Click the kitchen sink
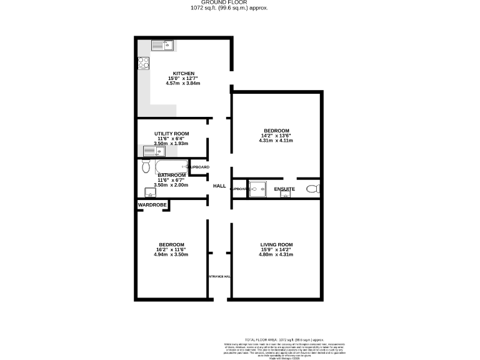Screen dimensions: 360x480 tap(163, 45)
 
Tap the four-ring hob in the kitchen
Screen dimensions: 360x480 tap(144, 62)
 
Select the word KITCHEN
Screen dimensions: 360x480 tap(184, 73)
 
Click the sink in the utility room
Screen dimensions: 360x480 tap(153, 151)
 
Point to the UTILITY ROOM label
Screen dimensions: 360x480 tap(171, 134)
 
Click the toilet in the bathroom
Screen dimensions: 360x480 tap(146, 166)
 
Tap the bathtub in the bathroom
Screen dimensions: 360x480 tap(171, 166)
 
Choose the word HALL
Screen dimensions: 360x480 tap(219, 186)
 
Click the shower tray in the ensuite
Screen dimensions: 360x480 tap(258, 189)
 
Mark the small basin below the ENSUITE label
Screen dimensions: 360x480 tap(286, 195)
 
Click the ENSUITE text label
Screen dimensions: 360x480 tap(284, 188)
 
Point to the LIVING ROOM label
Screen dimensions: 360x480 tap(277, 244)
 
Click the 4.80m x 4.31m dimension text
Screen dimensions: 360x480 tap(277, 255)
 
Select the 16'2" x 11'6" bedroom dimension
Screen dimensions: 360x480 tap(171, 249)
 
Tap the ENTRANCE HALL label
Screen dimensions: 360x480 tap(219, 276)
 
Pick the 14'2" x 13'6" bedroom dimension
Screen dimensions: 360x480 tap(276, 136)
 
